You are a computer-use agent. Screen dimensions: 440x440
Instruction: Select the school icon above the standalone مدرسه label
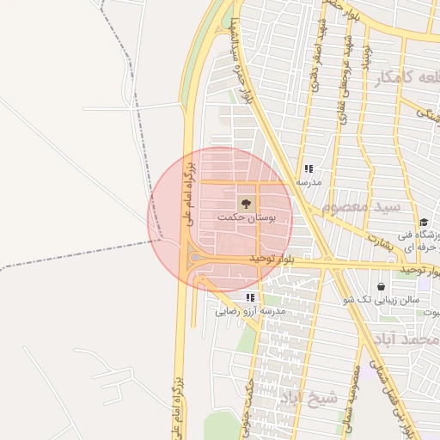point(309,169)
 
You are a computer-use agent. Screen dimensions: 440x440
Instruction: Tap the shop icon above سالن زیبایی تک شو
point(381,286)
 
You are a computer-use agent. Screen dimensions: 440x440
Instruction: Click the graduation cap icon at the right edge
point(424,223)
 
